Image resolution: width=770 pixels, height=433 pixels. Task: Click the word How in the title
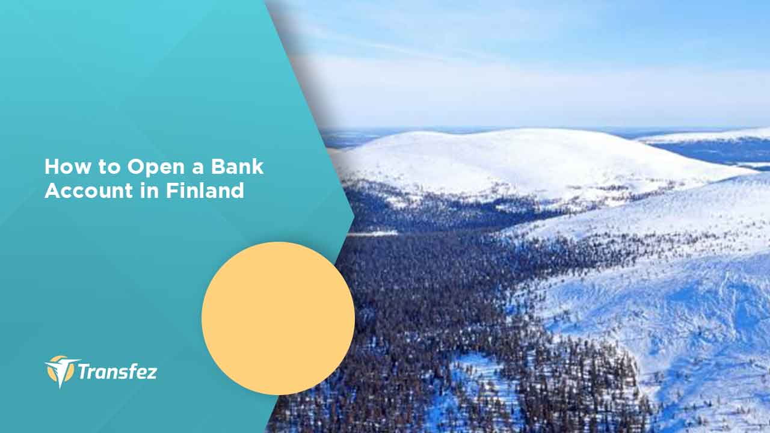pos(68,167)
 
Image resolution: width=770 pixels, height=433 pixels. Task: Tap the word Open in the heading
pos(156,168)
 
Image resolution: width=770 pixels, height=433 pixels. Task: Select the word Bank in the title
pos(237,167)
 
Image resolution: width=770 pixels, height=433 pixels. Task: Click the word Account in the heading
pos(88,191)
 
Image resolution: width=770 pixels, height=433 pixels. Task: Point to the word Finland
pos(205,190)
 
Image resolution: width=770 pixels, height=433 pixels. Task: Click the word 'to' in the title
pos(109,167)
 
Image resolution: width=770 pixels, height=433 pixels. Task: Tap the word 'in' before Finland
pos(150,191)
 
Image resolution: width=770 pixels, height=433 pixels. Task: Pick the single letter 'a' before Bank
pos(198,169)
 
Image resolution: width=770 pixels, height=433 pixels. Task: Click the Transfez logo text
pos(117,372)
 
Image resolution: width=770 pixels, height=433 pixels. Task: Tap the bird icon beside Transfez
pos(61,371)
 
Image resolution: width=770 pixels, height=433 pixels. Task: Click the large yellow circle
pos(278,318)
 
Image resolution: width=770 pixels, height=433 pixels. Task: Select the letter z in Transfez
pos(150,373)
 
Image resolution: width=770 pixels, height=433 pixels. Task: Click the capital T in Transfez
pos(84,372)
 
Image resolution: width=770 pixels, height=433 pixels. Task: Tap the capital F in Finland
pos(172,191)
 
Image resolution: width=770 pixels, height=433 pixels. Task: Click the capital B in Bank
pos(218,167)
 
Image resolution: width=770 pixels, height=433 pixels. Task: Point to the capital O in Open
pos(136,167)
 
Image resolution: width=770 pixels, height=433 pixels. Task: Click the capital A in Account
pos(54,191)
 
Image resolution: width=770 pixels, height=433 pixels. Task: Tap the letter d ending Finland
pos(238,191)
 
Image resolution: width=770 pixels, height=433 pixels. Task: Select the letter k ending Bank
pos(258,167)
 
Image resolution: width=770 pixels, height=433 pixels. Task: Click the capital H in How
pos(52,167)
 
